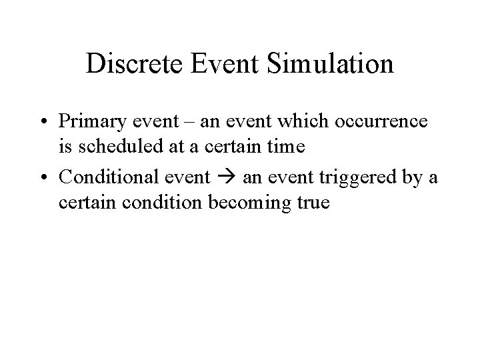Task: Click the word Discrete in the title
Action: point(133,64)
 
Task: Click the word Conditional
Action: point(107,177)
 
